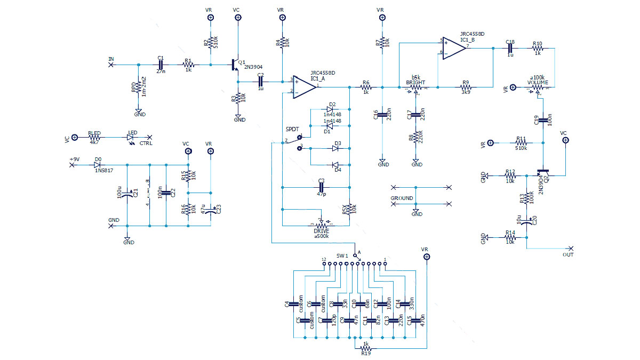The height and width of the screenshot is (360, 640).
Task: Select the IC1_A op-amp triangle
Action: pyautogui.click(x=303, y=86)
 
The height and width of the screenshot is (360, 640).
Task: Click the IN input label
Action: pyautogui.click(x=111, y=59)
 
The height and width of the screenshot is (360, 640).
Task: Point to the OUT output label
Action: pyautogui.click(x=569, y=255)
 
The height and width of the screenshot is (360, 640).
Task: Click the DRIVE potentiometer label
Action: pyautogui.click(x=322, y=230)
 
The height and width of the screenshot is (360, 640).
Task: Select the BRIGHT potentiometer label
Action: pyautogui.click(x=415, y=83)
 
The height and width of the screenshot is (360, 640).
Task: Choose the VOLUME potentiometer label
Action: pyautogui.click(x=538, y=83)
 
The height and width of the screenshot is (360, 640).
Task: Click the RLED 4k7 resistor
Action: pyautogui.click(x=94, y=137)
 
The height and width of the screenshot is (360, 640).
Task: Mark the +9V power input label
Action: pyautogui.click(x=74, y=159)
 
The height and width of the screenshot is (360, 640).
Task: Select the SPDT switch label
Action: pyautogui.click(x=292, y=130)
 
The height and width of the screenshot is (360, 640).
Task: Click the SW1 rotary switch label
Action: pyautogui.click(x=342, y=256)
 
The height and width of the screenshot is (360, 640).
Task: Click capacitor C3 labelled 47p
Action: pyautogui.click(x=321, y=187)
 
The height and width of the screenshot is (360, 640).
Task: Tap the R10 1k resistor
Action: pyautogui.click(x=537, y=49)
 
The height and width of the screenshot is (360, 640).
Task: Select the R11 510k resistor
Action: pyautogui.click(x=521, y=142)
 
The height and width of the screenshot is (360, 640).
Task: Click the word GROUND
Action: pyautogui.click(x=402, y=198)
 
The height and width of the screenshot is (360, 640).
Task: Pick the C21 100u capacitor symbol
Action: pyautogui.click(x=127, y=195)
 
